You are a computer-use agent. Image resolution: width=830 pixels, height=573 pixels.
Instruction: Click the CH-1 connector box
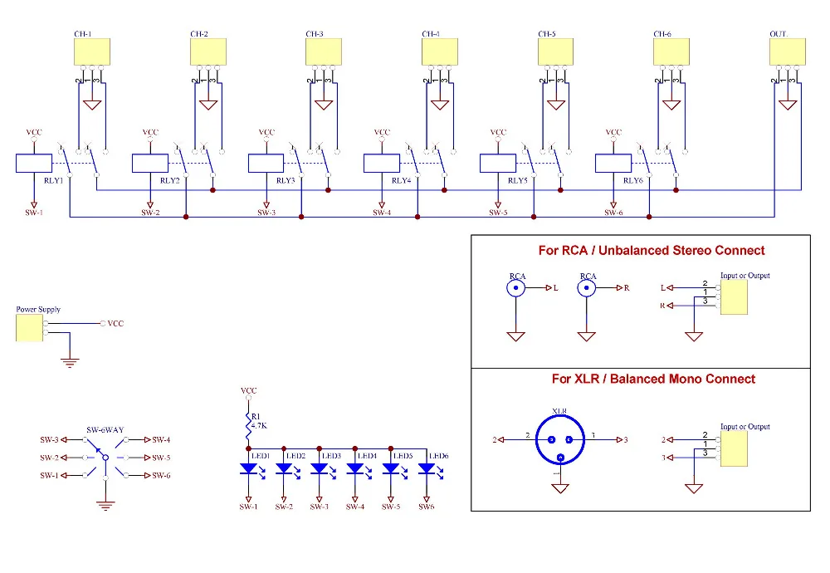coord(91,52)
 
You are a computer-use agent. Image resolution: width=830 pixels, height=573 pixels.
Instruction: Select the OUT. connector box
coord(788,52)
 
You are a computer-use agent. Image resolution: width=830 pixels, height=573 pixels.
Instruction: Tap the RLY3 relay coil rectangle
coord(266,163)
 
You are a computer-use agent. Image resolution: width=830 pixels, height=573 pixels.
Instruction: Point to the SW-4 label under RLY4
coord(382,213)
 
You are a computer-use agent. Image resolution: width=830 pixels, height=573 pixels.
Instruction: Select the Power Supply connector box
coord(31,327)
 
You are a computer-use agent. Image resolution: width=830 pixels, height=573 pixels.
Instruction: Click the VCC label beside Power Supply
coord(115,323)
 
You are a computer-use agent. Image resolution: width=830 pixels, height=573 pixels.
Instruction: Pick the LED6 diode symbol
coord(427,470)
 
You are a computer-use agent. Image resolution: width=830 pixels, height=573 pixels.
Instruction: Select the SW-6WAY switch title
coord(105,430)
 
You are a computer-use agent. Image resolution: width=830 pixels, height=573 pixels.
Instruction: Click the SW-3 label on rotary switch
coord(50,439)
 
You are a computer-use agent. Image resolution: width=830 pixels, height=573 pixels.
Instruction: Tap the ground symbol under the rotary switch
coord(105,503)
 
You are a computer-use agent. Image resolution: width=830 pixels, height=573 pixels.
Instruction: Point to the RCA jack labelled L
coord(517,288)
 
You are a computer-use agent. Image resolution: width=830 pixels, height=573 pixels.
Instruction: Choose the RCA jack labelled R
coord(587,288)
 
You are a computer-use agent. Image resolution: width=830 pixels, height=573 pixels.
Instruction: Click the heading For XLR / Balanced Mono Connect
coord(653,379)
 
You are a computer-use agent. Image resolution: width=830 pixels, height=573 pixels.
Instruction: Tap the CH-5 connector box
coord(554,52)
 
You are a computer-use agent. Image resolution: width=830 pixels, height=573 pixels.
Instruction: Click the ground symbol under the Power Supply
coord(71,360)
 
